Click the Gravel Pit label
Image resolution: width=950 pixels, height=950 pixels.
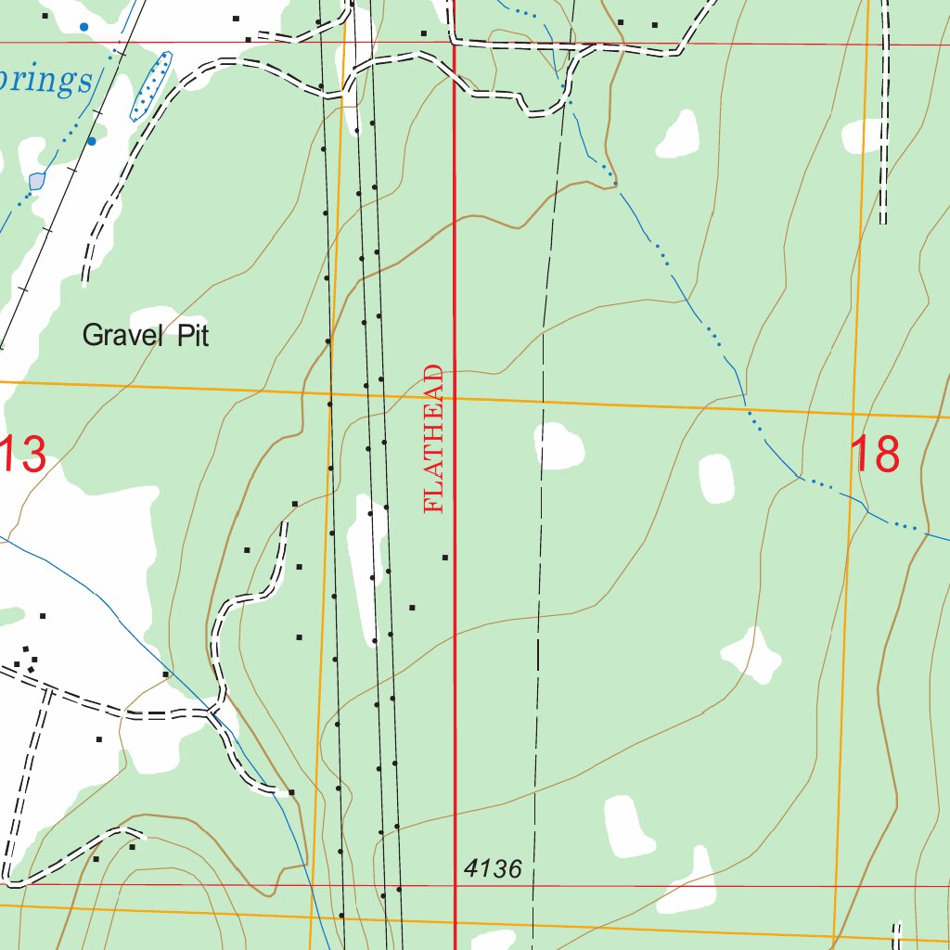(146, 335)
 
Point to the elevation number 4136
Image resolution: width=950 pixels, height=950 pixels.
(493, 869)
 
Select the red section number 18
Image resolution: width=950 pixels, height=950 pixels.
(874, 455)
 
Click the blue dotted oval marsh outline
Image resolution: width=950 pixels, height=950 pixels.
(151, 86)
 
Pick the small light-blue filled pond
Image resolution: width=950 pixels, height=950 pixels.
(36, 181)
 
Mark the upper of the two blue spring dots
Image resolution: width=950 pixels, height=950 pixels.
(84, 27)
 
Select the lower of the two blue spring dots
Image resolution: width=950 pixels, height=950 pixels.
(92, 141)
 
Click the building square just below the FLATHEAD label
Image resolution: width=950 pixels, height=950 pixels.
(445, 558)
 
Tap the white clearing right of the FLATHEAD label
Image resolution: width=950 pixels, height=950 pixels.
(559, 446)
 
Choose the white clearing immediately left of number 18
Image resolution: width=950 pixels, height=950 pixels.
(716, 479)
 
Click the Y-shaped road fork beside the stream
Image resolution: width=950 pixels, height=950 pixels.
(216, 712)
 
